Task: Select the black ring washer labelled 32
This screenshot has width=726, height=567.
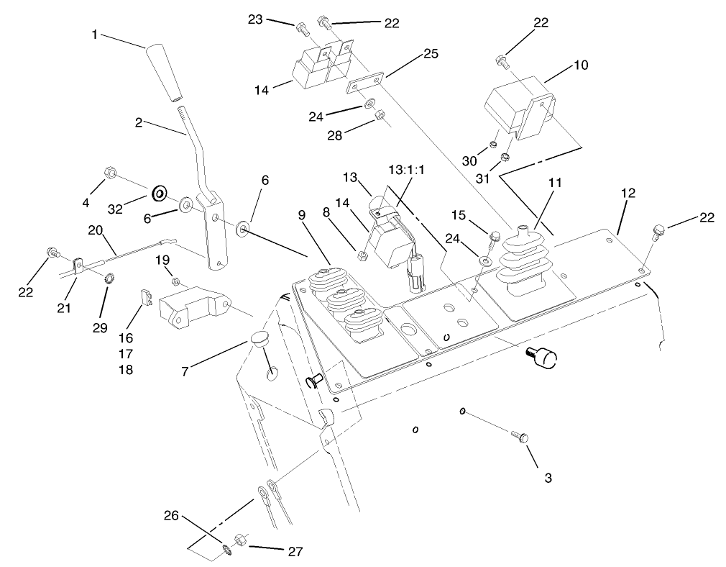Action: (x=159, y=193)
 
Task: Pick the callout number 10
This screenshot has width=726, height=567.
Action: (x=581, y=65)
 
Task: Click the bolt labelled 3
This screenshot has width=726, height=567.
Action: (x=520, y=436)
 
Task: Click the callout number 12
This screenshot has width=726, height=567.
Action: (x=628, y=194)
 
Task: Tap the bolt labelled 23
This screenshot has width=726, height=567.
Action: (x=300, y=28)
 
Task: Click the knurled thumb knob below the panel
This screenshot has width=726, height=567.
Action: (x=544, y=357)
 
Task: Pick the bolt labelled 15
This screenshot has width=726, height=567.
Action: (x=494, y=235)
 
